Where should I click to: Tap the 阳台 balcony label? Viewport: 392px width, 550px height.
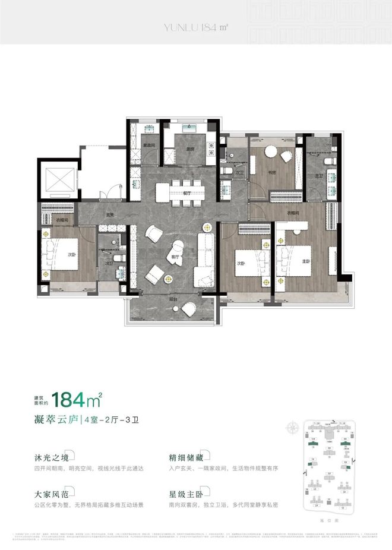[x=173, y=299]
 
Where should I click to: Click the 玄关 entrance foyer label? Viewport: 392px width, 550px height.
[x=110, y=215]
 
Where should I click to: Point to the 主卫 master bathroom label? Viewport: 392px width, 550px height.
[x=319, y=176]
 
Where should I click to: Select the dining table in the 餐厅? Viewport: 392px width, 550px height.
[x=180, y=192]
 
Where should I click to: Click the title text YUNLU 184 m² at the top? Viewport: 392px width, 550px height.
[x=195, y=26]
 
